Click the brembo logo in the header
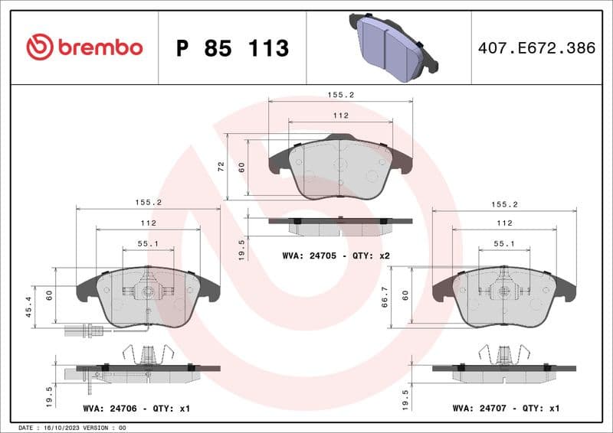(84, 47)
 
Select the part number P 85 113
(232, 48)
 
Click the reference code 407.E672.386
(536, 48)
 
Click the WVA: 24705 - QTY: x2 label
(336, 255)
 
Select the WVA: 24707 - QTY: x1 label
(506, 409)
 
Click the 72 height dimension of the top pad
(221, 166)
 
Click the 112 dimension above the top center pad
(341, 116)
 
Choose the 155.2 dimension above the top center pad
(341, 96)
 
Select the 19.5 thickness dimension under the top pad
(243, 248)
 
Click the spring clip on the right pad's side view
(504, 354)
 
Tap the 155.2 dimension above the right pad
(504, 204)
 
